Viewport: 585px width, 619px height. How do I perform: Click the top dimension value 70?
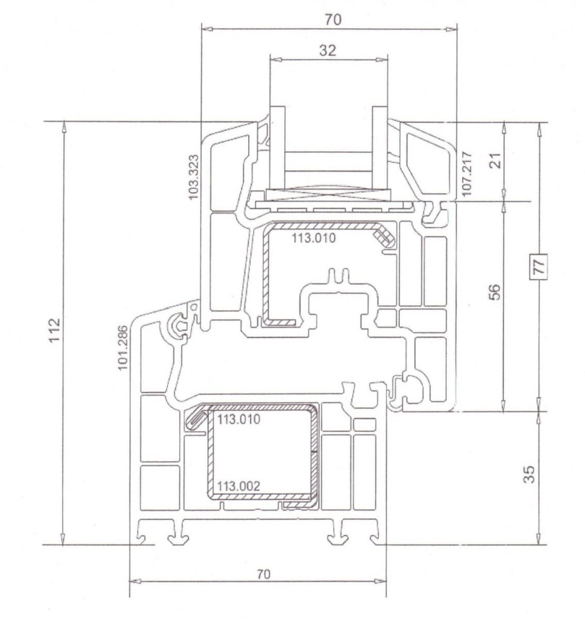(332, 19)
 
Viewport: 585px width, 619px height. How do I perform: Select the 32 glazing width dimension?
(327, 51)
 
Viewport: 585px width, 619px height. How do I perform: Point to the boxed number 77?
(539, 265)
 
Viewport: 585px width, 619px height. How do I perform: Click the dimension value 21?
(497, 160)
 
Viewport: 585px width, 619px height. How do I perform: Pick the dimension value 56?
(494, 292)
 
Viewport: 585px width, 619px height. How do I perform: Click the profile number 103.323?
(194, 177)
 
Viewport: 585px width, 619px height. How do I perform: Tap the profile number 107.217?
(466, 174)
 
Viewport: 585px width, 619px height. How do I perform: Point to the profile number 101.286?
(123, 348)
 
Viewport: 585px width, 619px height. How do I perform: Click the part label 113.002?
(239, 486)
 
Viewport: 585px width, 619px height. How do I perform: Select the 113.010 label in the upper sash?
(314, 238)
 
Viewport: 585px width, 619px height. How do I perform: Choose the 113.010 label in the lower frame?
(239, 419)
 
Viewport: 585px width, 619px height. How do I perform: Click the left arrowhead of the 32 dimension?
(276, 60)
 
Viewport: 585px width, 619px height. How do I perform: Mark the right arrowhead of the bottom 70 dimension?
(380, 581)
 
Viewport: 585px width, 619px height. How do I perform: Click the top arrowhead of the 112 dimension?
(63, 127)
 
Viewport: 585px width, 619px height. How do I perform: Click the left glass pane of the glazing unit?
(278, 147)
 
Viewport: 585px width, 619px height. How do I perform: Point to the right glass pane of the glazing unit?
(380, 147)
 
